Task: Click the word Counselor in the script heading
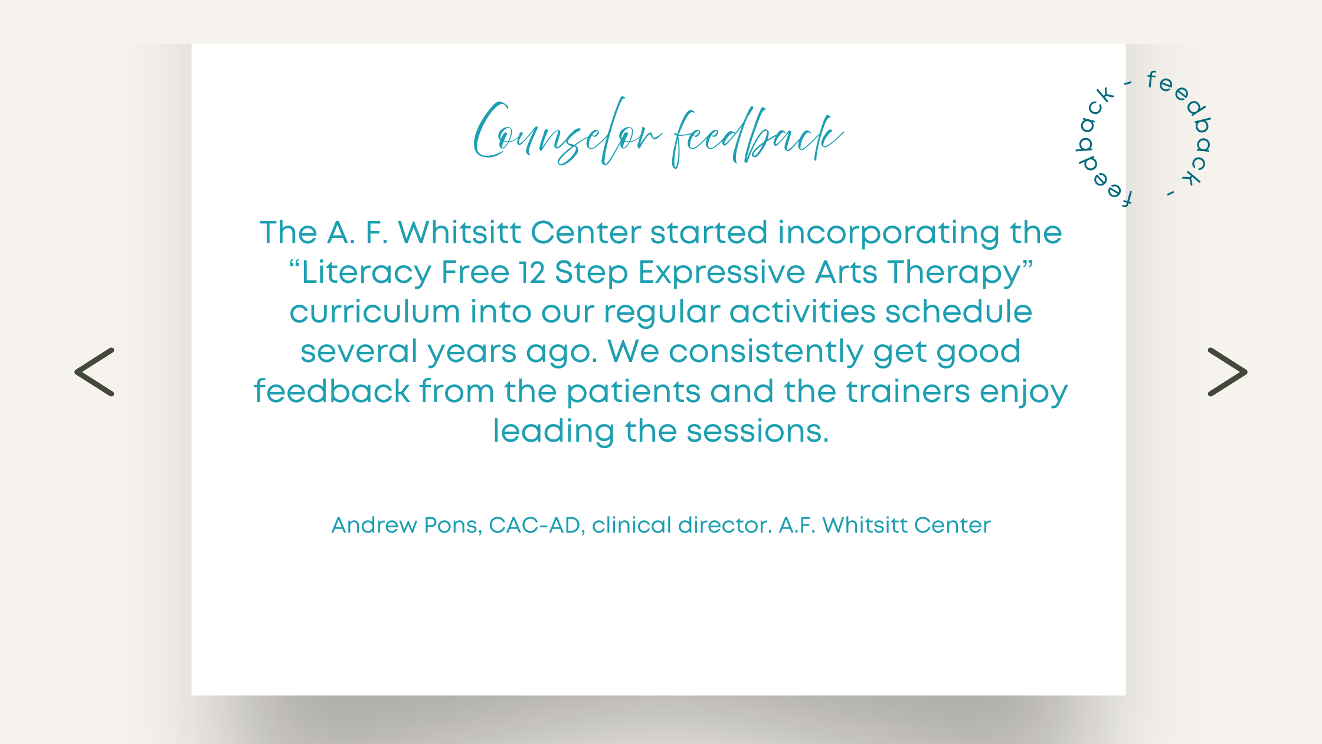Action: pos(567,133)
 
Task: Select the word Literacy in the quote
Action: pos(367,273)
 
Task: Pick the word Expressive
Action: pos(721,273)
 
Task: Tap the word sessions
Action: pos(758,431)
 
